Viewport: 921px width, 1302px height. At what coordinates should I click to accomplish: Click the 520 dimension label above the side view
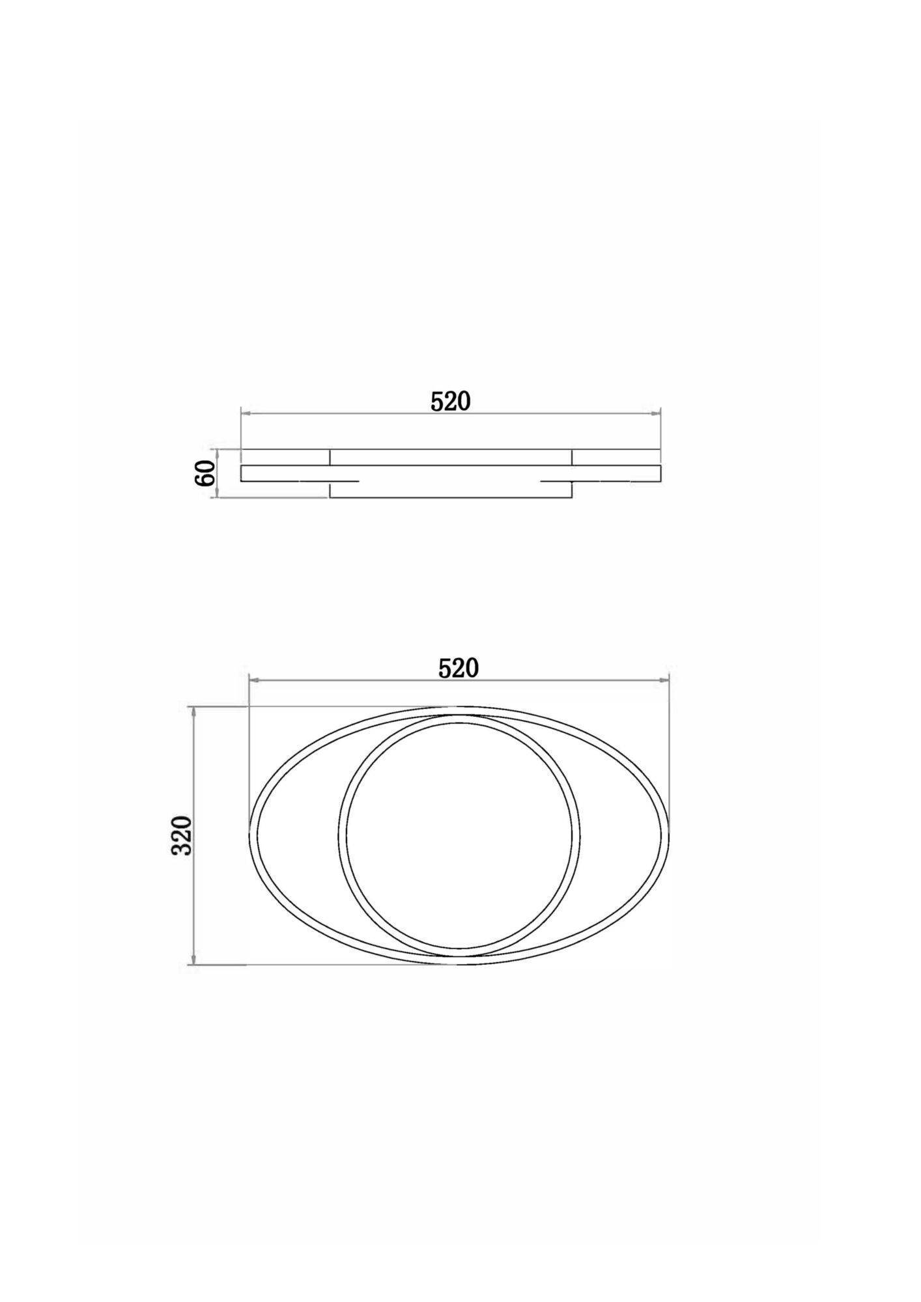(451, 402)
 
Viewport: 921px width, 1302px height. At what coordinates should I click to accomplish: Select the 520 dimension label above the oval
(459, 669)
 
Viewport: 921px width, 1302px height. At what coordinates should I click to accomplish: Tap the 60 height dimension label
(205, 473)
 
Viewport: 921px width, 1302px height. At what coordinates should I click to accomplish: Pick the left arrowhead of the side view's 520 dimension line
(246, 413)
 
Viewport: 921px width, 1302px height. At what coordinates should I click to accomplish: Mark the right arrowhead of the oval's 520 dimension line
(665, 680)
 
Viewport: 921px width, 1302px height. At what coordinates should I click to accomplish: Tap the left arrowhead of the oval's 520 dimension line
(255, 680)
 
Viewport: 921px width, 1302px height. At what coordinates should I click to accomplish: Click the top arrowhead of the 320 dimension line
(193, 712)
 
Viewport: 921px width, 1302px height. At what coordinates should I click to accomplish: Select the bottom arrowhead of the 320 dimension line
(193, 960)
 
